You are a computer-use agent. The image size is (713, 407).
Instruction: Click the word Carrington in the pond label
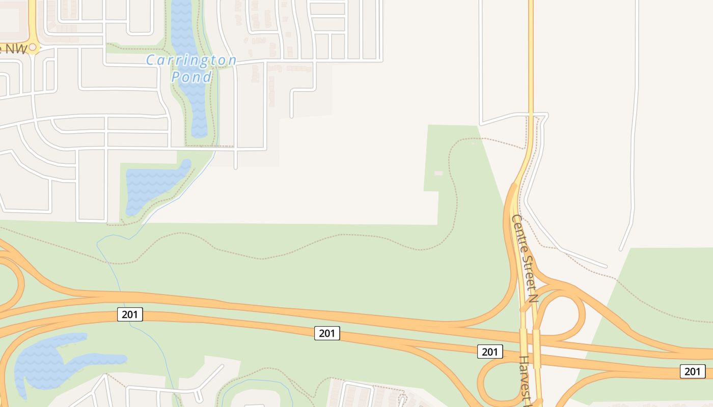pos(191,61)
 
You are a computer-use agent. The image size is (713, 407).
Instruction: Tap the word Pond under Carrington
pos(191,77)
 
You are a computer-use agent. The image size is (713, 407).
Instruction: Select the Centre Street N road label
pos(525,258)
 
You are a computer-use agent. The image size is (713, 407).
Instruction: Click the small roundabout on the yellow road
pos(34,47)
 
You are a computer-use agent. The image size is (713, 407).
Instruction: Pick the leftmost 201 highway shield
pos(130,314)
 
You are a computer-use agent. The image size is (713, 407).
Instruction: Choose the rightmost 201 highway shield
pos(693,371)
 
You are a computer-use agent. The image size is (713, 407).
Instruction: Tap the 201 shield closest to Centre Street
pos(489,352)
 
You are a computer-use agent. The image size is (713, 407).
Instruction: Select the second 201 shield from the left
pos(326,333)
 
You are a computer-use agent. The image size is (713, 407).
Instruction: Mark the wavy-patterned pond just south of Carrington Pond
pos(153,183)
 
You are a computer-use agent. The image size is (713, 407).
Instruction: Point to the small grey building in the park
pos(438,173)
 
